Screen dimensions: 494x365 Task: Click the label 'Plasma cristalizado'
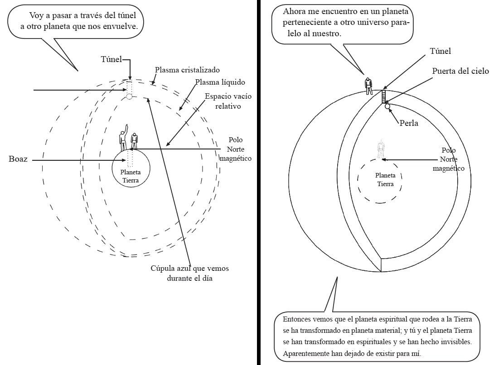click(x=187, y=70)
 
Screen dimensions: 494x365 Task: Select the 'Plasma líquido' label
click(x=220, y=82)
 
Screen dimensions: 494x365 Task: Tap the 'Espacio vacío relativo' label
click(x=228, y=101)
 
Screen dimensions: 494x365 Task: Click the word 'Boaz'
click(x=18, y=159)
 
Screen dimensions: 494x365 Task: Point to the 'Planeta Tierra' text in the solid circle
click(x=131, y=176)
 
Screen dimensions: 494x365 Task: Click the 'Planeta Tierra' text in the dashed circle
click(x=385, y=179)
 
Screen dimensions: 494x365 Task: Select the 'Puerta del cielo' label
click(x=460, y=71)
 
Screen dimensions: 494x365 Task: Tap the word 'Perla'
click(x=409, y=123)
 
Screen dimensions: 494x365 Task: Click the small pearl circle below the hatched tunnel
click(x=387, y=106)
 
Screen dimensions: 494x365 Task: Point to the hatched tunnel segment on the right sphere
click(x=384, y=96)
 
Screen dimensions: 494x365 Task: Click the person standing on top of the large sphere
click(x=368, y=86)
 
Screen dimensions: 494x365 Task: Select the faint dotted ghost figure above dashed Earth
click(x=381, y=149)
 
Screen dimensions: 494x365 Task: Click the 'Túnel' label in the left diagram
click(x=111, y=59)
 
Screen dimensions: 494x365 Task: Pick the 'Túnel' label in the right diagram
click(x=441, y=51)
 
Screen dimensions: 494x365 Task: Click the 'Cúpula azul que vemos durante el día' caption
click(x=189, y=273)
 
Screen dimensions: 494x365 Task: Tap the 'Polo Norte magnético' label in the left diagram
click(x=236, y=149)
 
